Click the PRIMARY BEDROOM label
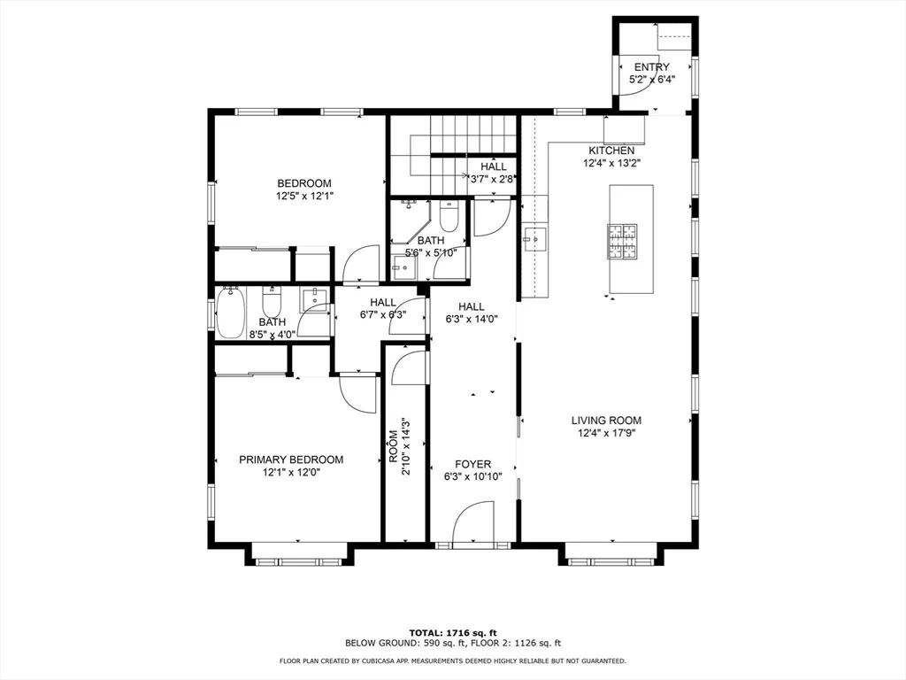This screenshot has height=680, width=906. pyautogui.click(x=291, y=460)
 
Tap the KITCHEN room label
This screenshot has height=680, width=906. pyautogui.click(x=611, y=151)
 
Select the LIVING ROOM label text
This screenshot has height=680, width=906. pyautogui.click(x=606, y=421)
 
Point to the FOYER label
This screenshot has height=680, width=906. pyautogui.click(x=472, y=464)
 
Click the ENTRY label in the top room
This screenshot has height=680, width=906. pyautogui.click(x=652, y=67)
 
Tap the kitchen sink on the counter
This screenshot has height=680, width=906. pyautogui.click(x=534, y=237)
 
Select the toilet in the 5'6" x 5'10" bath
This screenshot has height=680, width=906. pyautogui.click(x=449, y=216)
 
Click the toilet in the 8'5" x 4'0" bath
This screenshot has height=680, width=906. pyautogui.click(x=271, y=301)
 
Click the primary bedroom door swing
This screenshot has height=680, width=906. pyautogui.click(x=358, y=393)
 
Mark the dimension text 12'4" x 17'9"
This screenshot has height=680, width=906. pyautogui.click(x=606, y=433)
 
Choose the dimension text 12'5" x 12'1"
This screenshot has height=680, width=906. pyautogui.click(x=304, y=196)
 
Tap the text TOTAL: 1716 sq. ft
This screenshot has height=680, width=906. pyautogui.click(x=453, y=633)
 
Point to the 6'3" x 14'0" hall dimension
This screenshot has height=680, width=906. pyautogui.click(x=472, y=319)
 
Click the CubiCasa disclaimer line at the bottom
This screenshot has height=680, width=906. pyautogui.click(x=452, y=661)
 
